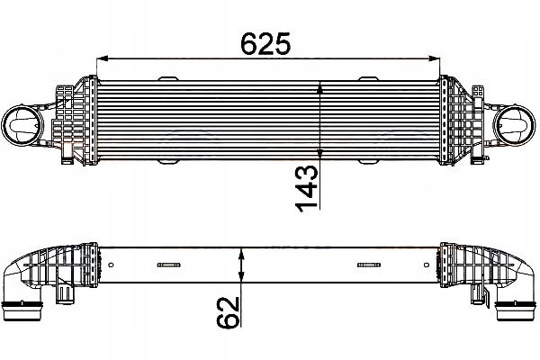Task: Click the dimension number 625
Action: click(266, 42)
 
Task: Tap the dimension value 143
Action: click(309, 188)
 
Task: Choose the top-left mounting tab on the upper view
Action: click(172, 79)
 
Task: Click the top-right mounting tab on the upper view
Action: click(368, 79)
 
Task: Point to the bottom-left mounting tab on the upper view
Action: click(172, 162)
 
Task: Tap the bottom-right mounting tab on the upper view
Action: click(368, 162)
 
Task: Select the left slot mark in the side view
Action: click(168, 265)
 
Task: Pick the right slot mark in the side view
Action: click(369, 265)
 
